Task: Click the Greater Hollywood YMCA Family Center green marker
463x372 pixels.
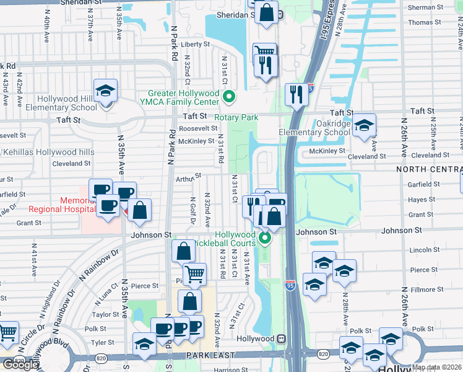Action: pyautogui.click(x=229, y=97)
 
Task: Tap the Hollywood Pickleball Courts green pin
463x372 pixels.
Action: pyautogui.click(x=265, y=238)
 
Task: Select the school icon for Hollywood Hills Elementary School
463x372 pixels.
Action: pyautogui.click(x=106, y=91)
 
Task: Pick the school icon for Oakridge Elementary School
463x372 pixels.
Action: pyautogui.click(x=365, y=125)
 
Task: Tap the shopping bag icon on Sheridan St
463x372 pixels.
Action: pyautogui.click(x=266, y=12)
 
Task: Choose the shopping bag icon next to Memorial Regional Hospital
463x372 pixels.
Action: pyautogui.click(x=140, y=210)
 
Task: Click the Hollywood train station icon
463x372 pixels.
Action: pyautogui.click(x=281, y=339)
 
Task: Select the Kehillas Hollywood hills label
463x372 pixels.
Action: pyautogui.click(x=49, y=152)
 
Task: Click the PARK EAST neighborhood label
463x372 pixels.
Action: pyautogui.click(x=210, y=355)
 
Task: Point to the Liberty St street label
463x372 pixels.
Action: pyautogui.click(x=196, y=45)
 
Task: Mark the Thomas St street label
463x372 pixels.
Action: pyautogui.click(x=425, y=22)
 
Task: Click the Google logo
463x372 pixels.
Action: pyautogui.click(x=20, y=365)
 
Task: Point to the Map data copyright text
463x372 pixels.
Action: pyautogui.click(x=436, y=367)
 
